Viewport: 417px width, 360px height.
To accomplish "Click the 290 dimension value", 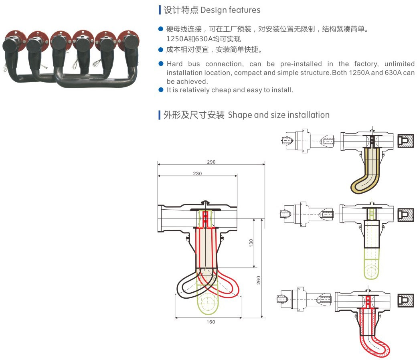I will [211, 162].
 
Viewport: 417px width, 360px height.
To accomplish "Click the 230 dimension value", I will [197, 174].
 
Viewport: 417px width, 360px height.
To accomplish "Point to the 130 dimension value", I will [251, 243].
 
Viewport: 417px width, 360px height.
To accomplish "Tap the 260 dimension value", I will [259, 280].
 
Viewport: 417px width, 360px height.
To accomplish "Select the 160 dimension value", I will [211, 322].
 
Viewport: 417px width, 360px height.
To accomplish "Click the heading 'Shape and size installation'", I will [279, 115].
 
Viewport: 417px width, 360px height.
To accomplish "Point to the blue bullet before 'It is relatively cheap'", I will [161, 90].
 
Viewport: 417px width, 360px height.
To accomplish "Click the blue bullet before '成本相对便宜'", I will [161, 50].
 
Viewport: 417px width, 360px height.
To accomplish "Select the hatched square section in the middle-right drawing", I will [405, 214].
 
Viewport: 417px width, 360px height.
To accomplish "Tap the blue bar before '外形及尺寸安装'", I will [160, 115].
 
